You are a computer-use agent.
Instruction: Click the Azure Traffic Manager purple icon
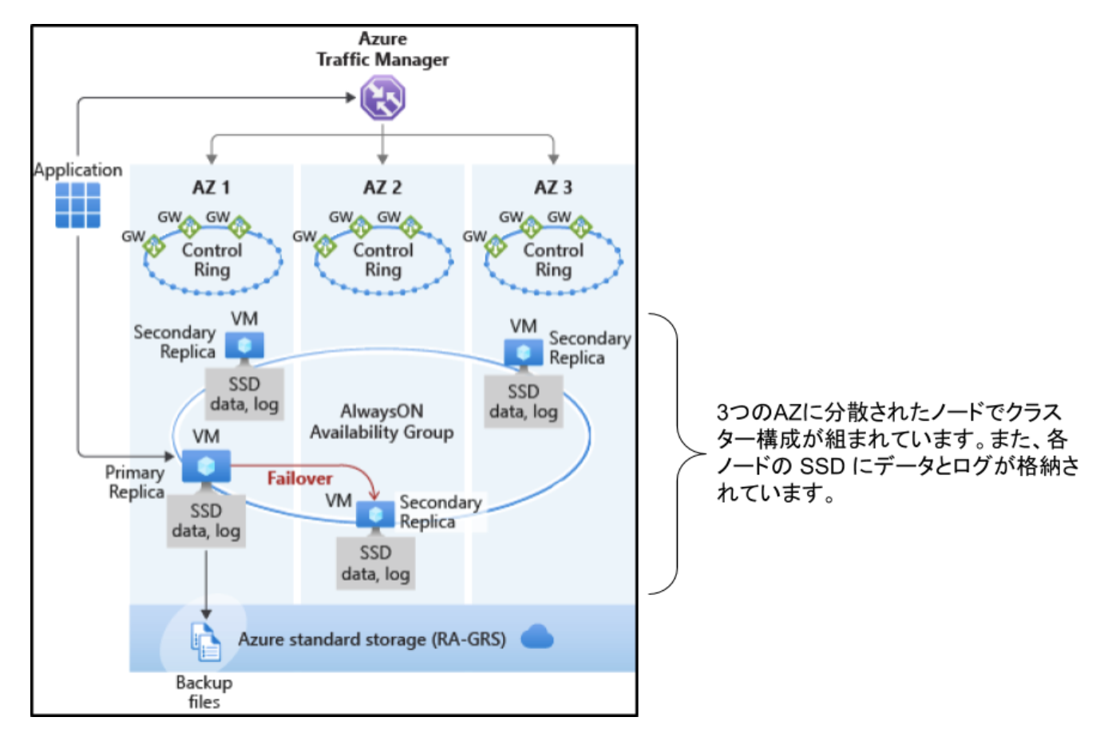(x=382, y=97)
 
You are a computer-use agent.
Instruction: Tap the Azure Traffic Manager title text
(x=382, y=50)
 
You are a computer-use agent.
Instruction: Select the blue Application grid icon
(x=78, y=205)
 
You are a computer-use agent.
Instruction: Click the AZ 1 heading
(x=212, y=188)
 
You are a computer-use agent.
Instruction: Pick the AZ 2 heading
(x=382, y=188)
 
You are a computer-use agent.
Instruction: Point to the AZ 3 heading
(x=553, y=188)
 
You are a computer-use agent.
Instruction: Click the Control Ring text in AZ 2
(x=383, y=260)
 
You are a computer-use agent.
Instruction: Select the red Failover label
(x=299, y=478)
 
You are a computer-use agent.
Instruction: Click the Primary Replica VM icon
(x=206, y=466)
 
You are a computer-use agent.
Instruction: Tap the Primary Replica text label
(x=136, y=482)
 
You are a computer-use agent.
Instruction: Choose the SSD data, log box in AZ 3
(x=524, y=402)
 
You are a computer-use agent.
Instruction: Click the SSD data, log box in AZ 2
(x=375, y=563)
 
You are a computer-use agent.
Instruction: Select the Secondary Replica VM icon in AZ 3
(x=524, y=352)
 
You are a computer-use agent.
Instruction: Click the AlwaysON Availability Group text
(x=382, y=422)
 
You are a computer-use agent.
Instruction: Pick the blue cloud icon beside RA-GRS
(x=537, y=637)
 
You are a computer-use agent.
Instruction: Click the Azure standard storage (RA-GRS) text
(x=372, y=640)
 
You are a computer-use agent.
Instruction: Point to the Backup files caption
(x=204, y=692)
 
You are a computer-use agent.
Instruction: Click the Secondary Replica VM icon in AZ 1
(x=244, y=346)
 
